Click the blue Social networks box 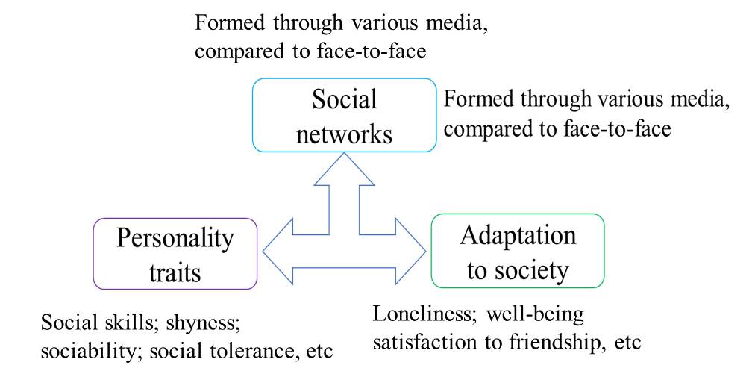tap(344, 116)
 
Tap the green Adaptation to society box tap(518, 251)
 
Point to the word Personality tap(175, 239)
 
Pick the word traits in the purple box tap(175, 272)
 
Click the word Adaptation tap(518, 236)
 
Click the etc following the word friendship tap(628, 343)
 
